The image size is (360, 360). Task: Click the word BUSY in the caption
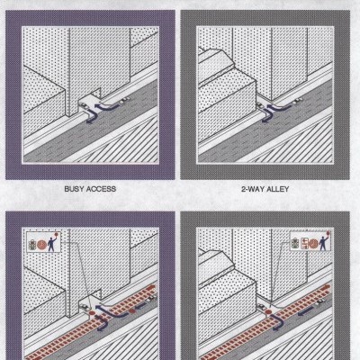(74, 189)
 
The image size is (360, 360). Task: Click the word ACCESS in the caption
(101, 189)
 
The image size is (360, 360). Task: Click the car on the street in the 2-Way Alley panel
(297, 101)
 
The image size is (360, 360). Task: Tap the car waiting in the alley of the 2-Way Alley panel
(259, 105)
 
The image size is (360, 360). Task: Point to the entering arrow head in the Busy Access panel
(96, 105)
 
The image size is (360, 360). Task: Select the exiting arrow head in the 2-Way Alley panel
(265, 120)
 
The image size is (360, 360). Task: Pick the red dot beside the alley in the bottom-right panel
(268, 312)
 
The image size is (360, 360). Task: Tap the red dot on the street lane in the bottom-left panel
(132, 311)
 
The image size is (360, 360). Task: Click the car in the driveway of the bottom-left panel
(84, 307)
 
